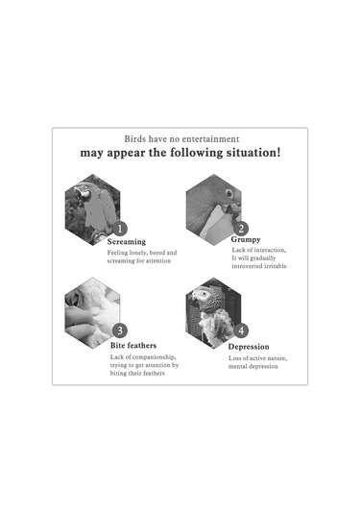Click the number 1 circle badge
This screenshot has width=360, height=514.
point(120,229)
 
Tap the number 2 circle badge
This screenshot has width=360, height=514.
point(241,229)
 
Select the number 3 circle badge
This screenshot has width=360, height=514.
point(120,330)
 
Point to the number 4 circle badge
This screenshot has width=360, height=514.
point(241,330)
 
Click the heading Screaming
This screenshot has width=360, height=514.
point(127,242)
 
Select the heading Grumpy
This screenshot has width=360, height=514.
point(246,239)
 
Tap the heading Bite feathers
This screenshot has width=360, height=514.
point(133,345)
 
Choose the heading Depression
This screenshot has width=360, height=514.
point(249,347)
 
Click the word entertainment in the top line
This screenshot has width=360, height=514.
point(210,139)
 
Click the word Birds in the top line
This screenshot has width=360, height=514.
point(135,139)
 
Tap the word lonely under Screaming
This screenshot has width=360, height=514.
point(138,253)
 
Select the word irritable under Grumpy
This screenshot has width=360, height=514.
point(275,266)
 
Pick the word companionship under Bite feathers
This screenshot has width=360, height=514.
point(155,357)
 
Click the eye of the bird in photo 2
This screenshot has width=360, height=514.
point(229,193)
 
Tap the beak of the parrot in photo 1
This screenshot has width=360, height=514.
point(81,194)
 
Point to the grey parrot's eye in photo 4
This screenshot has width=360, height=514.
point(205,293)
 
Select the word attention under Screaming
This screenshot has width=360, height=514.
point(158,261)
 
